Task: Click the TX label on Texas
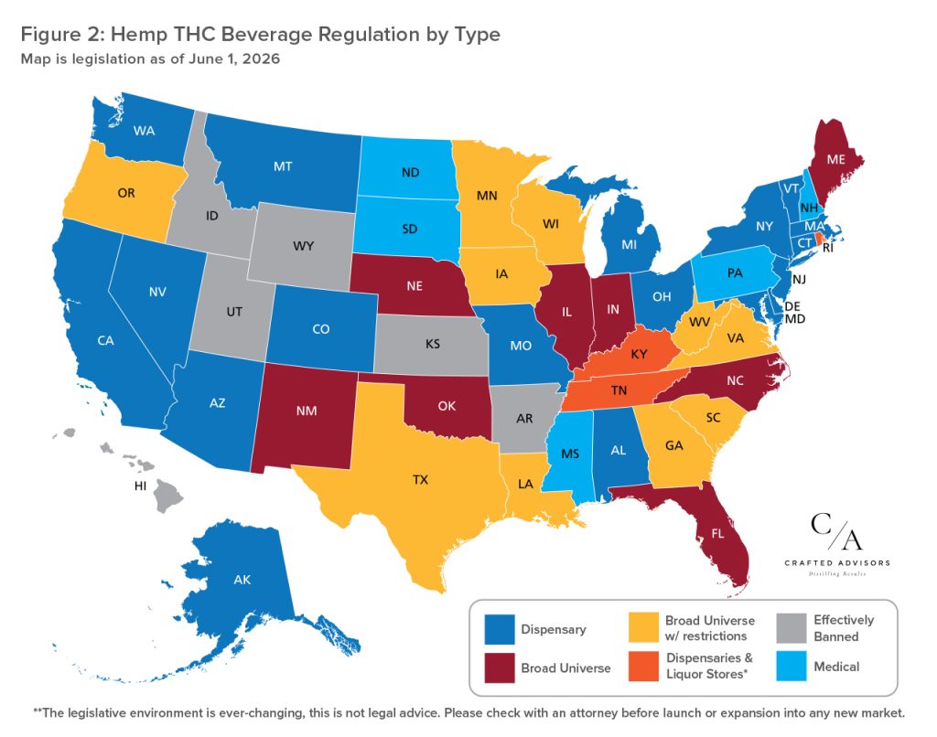coord(420,479)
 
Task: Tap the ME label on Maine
coord(836,159)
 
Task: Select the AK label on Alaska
coord(242,580)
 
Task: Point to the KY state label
coord(639,354)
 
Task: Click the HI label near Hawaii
coord(140,486)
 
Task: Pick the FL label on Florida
coord(717,533)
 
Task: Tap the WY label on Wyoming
coord(303,245)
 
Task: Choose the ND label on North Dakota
coord(411,173)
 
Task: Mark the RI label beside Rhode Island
coord(827,248)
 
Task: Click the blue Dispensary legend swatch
coord(500,629)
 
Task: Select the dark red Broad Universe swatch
coord(500,668)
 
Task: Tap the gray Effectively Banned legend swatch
coord(792,628)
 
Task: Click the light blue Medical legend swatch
coord(792,666)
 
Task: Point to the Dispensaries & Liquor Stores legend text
coord(709,666)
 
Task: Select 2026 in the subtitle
coord(261,59)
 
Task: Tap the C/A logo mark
coord(836,531)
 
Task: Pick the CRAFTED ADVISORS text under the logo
coord(837,562)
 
